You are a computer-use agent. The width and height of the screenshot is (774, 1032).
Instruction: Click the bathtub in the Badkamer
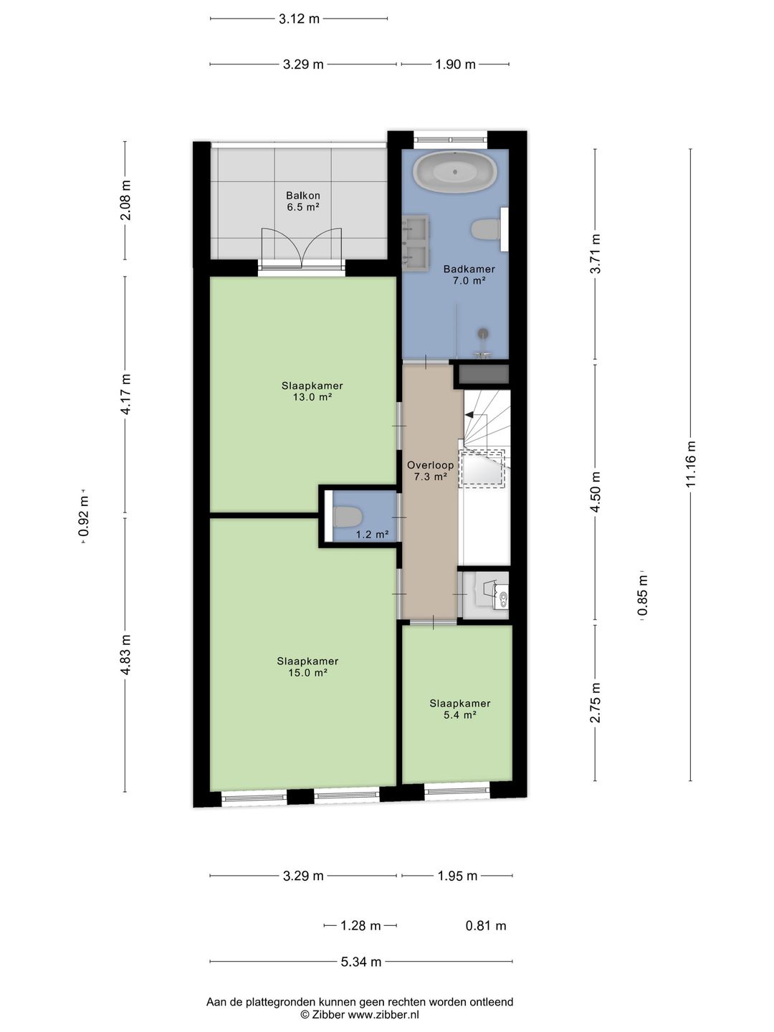click(x=454, y=171)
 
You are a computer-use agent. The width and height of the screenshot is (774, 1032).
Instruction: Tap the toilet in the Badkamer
click(x=486, y=229)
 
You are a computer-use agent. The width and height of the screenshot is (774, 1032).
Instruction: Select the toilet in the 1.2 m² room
click(x=347, y=517)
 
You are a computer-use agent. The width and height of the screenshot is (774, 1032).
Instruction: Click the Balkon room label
click(x=303, y=201)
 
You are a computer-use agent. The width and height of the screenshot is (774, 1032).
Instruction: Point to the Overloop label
click(x=430, y=471)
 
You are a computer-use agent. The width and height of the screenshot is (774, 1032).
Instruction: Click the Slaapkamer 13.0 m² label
click(x=312, y=391)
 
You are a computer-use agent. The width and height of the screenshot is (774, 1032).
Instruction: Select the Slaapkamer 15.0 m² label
click(x=307, y=666)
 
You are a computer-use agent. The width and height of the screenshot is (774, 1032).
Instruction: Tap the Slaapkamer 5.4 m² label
click(x=459, y=709)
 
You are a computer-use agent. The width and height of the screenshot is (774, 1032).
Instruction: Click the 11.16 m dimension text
click(x=690, y=464)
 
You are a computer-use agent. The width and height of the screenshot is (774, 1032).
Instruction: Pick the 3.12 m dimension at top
click(x=299, y=19)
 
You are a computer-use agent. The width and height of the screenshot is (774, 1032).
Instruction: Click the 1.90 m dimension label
click(x=455, y=64)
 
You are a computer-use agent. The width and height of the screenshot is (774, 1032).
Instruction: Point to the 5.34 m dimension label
click(x=361, y=962)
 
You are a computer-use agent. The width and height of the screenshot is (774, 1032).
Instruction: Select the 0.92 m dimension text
click(x=84, y=517)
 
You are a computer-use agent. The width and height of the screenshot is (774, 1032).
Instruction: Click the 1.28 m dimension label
click(x=360, y=926)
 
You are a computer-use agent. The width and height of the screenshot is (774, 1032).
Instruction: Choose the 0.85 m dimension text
click(x=642, y=596)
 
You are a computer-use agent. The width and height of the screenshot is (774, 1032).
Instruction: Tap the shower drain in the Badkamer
click(x=483, y=333)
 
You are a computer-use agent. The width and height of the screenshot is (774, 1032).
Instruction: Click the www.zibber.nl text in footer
click(x=383, y=1014)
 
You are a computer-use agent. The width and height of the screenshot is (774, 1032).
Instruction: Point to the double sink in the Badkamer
click(x=416, y=243)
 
